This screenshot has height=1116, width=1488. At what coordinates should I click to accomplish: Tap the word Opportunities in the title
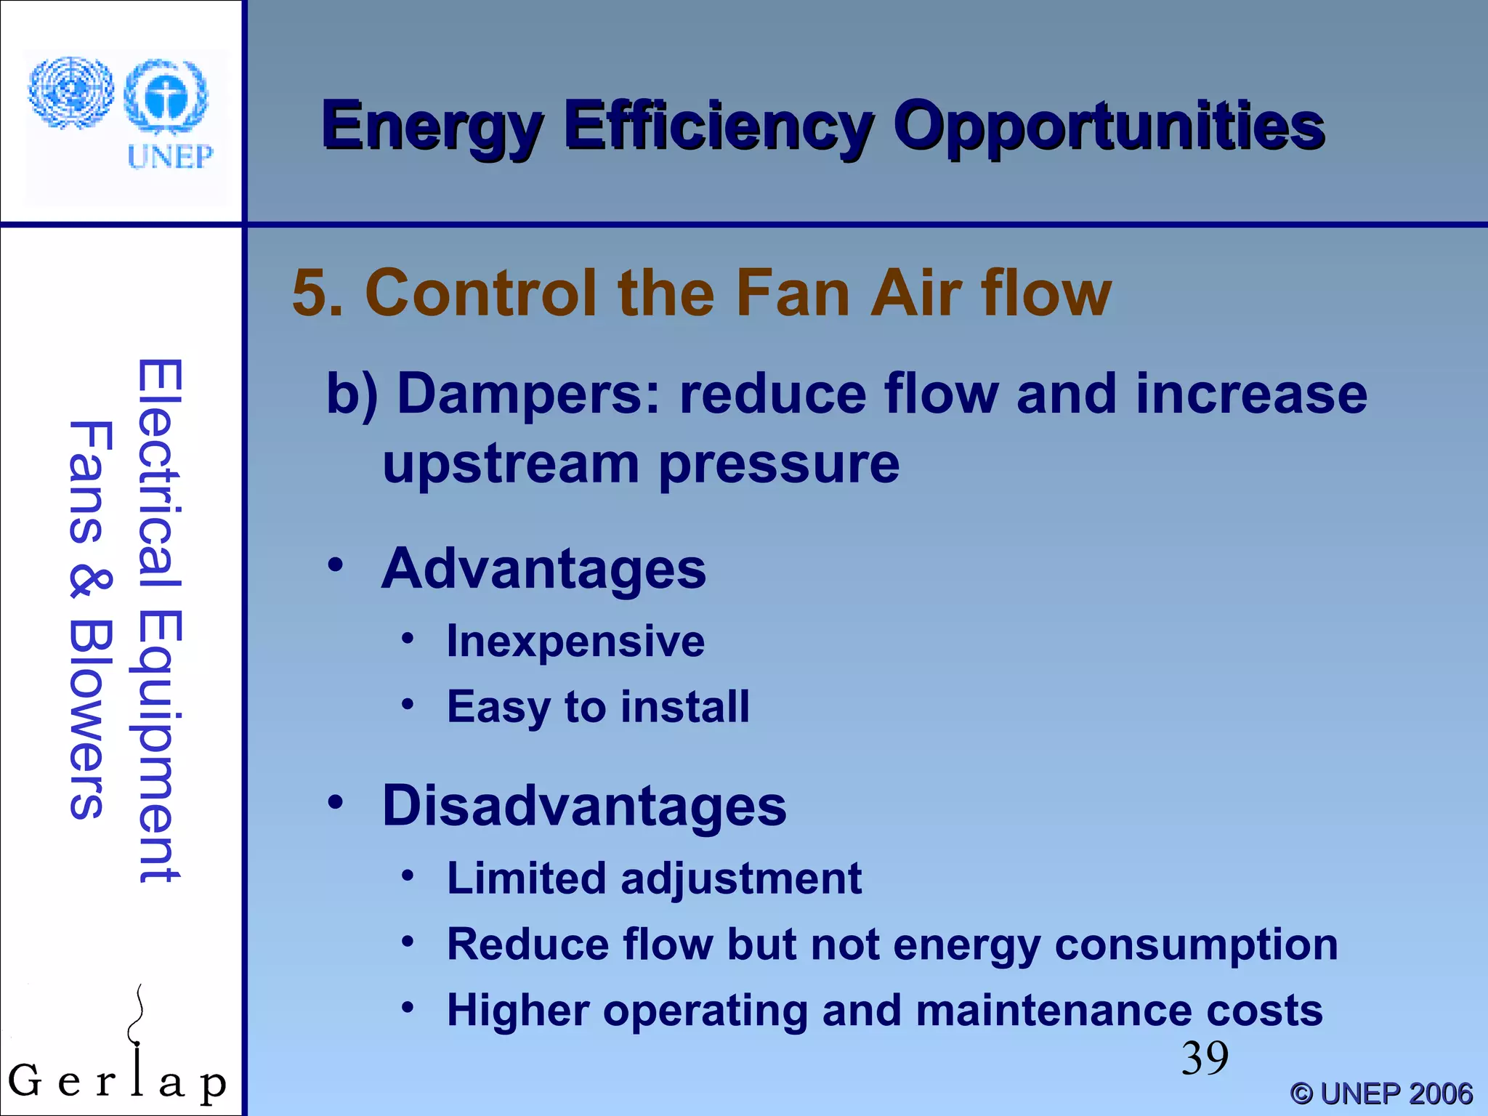(x=1109, y=127)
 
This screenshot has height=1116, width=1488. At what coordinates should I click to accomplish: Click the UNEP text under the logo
(x=170, y=156)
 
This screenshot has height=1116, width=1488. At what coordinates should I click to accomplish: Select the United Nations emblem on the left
(x=70, y=93)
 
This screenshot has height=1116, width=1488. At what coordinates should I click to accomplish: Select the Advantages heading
(x=543, y=569)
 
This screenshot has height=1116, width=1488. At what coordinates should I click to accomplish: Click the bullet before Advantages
(x=335, y=565)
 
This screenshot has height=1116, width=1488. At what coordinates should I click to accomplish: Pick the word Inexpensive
(x=575, y=642)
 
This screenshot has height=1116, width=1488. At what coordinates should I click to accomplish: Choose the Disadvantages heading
(x=584, y=806)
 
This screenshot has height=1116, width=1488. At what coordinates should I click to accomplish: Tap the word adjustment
(x=740, y=878)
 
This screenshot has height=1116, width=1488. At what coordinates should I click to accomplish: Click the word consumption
(x=1196, y=945)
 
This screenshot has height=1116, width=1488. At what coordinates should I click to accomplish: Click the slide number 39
(x=1204, y=1058)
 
